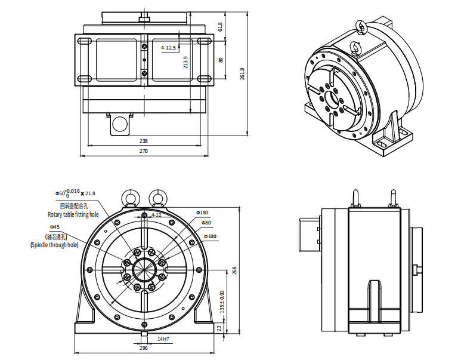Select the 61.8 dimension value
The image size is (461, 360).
point(220,27)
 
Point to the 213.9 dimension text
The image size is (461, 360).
point(186,62)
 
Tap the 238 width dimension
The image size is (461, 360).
point(143,141)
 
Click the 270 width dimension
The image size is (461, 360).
point(143,152)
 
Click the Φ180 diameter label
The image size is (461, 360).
point(202,213)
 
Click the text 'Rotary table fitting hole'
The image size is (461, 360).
point(73,214)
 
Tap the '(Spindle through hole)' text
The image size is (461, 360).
point(54,245)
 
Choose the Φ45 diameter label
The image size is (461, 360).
point(54,227)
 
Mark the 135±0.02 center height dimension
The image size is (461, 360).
point(221,302)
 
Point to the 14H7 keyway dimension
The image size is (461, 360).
point(163,339)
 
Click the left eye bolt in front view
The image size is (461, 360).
point(130,196)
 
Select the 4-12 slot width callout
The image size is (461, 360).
point(156,214)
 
